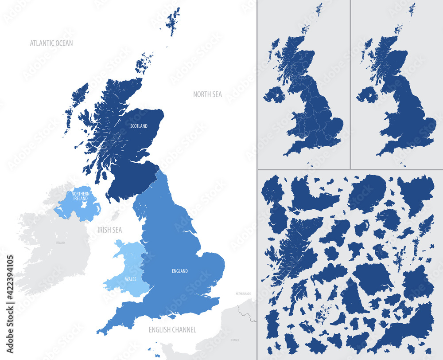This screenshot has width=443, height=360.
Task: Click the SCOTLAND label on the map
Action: point(139,126)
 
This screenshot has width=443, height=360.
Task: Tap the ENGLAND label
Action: point(179,271)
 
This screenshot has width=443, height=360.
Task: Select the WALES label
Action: point(130,279)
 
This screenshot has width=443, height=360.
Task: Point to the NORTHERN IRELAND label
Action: point(81,196)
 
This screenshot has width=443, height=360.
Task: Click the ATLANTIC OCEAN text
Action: point(51,43)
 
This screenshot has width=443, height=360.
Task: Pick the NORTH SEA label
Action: point(207,94)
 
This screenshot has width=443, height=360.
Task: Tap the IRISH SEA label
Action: point(109,230)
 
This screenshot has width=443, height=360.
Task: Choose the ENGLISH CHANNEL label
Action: point(172,329)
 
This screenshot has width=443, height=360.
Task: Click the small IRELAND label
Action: point(60,243)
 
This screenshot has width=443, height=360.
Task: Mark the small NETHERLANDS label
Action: point(243,293)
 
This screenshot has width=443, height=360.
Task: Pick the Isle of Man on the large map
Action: point(116,215)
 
